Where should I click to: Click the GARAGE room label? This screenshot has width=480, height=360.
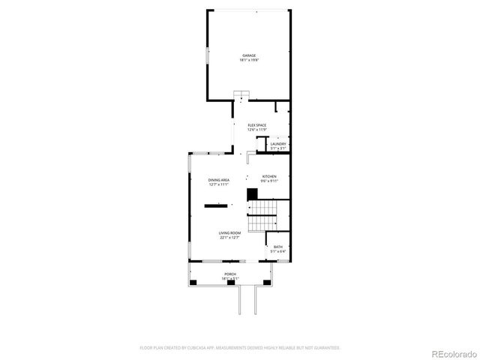pyautogui.click(x=249, y=55)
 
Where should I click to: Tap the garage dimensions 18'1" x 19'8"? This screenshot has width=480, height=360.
pyautogui.click(x=249, y=60)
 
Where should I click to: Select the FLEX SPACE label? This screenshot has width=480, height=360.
pyautogui.click(x=257, y=124)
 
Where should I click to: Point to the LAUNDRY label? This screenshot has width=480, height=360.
pyautogui.click(x=278, y=144)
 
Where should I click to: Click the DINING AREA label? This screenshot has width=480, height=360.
pyautogui.click(x=219, y=180)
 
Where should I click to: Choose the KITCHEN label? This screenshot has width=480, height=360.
pyautogui.click(x=269, y=176)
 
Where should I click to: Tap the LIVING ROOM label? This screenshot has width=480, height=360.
pyautogui.click(x=229, y=233)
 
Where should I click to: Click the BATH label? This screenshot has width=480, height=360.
pyautogui.click(x=278, y=247)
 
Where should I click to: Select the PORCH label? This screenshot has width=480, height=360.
pyautogui.click(x=230, y=274)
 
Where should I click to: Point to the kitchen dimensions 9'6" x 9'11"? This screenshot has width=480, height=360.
pyautogui.click(x=269, y=181)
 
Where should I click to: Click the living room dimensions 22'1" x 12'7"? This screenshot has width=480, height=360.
pyautogui.click(x=229, y=238)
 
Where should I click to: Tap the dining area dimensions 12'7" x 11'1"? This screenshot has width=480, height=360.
pyautogui.click(x=219, y=185)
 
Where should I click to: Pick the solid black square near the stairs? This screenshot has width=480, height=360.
pyautogui.click(x=252, y=193)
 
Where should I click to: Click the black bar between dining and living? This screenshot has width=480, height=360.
pyautogui.click(x=217, y=205)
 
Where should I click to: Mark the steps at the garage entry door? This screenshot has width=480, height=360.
pyautogui.click(x=240, y=94)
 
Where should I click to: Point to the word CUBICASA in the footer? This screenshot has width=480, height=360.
pyautogui.click(x=199, y=348)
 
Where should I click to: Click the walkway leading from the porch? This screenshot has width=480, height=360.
pyautogui.click(x=247, y=300)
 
